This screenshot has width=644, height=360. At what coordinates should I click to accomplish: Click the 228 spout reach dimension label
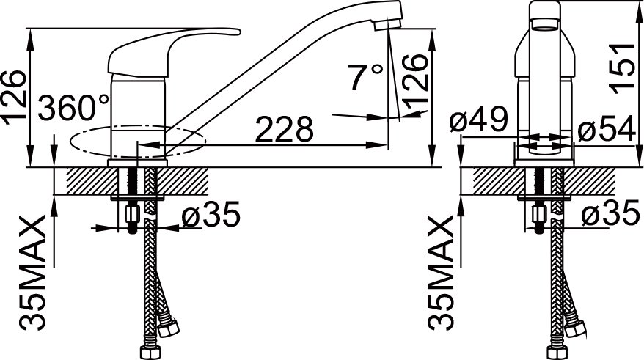coord(284,129)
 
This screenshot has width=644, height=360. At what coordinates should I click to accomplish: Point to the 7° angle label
coord(365,77)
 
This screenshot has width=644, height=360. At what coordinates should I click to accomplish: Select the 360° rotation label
coord(74,107)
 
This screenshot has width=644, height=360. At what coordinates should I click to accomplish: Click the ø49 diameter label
coord(479,118)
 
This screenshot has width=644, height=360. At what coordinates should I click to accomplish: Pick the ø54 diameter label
coord(609,130)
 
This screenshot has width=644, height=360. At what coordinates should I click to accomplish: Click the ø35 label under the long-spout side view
coord(211,215)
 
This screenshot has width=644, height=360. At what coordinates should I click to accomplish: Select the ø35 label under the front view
coord(611,215)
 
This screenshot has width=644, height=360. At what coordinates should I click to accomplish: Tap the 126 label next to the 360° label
coord(15,98)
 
